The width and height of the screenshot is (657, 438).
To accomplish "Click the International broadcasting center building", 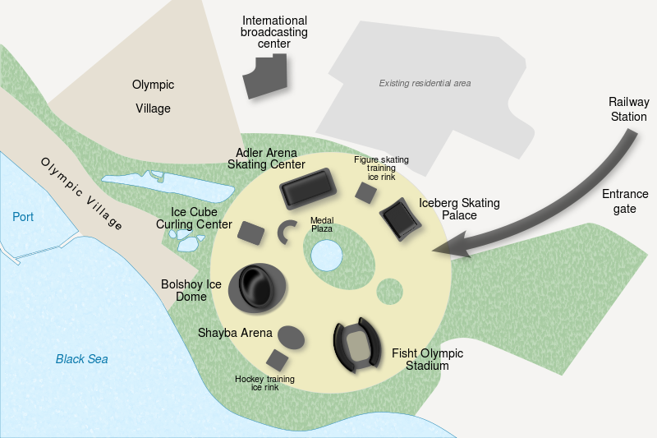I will (x=267, y=77).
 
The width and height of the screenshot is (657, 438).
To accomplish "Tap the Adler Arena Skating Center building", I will (x=309, y=189).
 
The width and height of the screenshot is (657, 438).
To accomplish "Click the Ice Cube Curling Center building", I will (x=250, y=233).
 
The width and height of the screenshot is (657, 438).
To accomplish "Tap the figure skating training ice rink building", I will (x=365, y=192).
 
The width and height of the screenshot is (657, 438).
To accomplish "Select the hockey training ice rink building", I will (x=278, y=359).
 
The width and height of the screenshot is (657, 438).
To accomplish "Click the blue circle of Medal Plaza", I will (x=326, y=255).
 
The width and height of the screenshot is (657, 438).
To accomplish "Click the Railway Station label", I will (x=628, y=109).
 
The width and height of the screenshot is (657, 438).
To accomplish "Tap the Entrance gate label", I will (x=625, y=201).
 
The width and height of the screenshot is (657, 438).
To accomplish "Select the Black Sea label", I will (x=81, y=359).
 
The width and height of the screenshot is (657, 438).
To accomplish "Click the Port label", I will (x=24, y=217).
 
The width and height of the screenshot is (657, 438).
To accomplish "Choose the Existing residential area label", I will (x=425, y=83).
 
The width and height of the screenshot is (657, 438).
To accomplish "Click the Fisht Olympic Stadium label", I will (x=427, y=360).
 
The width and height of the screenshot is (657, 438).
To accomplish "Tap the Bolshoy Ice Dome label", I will (x=191, y=290).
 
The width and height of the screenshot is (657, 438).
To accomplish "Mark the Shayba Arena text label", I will (x=235, y=333).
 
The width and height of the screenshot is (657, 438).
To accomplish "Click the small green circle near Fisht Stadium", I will (x=389, y=290).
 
